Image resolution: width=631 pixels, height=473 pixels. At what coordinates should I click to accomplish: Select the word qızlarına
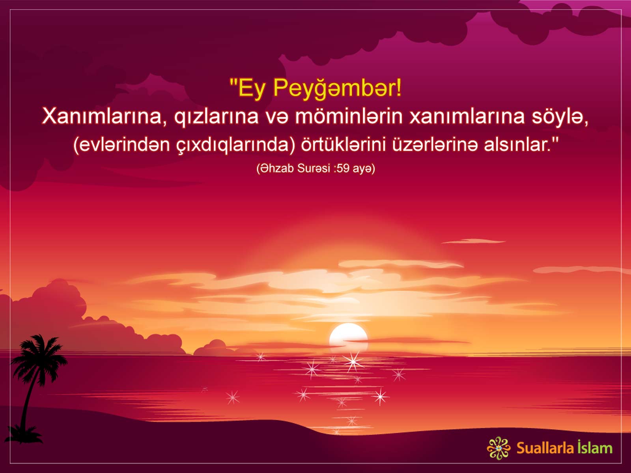(x=216, y=117)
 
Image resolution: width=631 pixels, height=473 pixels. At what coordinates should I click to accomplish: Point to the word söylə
(x=560, y=117)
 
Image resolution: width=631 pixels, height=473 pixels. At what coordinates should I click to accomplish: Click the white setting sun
(x=348, y=337)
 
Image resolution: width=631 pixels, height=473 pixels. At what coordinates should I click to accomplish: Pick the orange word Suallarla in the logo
(x=545, y=448)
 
